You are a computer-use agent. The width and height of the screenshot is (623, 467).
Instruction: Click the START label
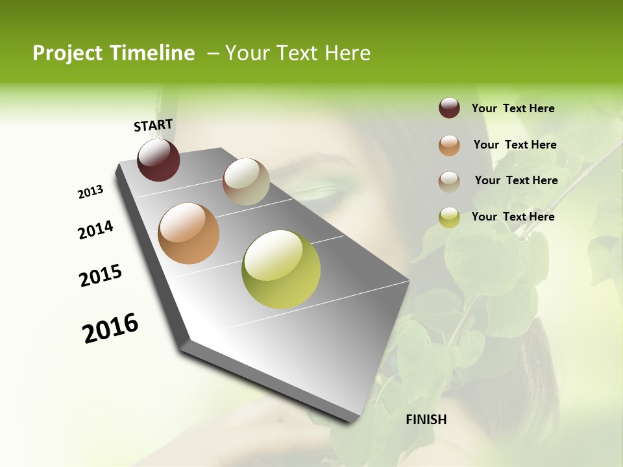[x=153, y=125]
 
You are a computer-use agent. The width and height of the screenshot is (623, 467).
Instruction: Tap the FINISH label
[x=426, y=420]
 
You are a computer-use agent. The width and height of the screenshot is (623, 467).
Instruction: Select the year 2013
[x=90, y=192]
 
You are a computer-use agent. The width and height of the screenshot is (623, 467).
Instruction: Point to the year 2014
[x=95, y=230]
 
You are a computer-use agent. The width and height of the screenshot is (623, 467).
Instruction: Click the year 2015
[x=101, y=276]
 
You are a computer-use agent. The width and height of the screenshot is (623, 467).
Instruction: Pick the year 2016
[x=110, y=328]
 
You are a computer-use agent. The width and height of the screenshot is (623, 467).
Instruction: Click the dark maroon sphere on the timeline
[x=158, y=160]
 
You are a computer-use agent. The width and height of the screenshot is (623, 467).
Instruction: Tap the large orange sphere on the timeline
[x=188, y=233]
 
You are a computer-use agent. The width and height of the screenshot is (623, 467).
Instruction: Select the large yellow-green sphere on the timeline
[x=281, y=269]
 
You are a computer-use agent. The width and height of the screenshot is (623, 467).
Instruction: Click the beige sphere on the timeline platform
[x=246, y=182]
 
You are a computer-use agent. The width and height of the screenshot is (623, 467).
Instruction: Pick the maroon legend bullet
[x=449, y=108]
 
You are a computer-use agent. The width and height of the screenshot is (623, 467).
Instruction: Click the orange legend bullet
[x=449, y=145]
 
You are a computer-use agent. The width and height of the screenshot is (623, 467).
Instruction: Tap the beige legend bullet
[x=449, y=182]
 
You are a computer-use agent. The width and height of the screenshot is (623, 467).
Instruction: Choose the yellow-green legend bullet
[x=449, y=218]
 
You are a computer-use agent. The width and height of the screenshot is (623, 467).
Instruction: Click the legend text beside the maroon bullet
[x=513, y=108]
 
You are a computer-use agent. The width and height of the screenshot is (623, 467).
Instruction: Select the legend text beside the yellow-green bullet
[x=513, y=217]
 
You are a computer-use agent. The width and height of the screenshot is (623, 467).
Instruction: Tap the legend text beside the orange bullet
[x=515, y=145]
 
